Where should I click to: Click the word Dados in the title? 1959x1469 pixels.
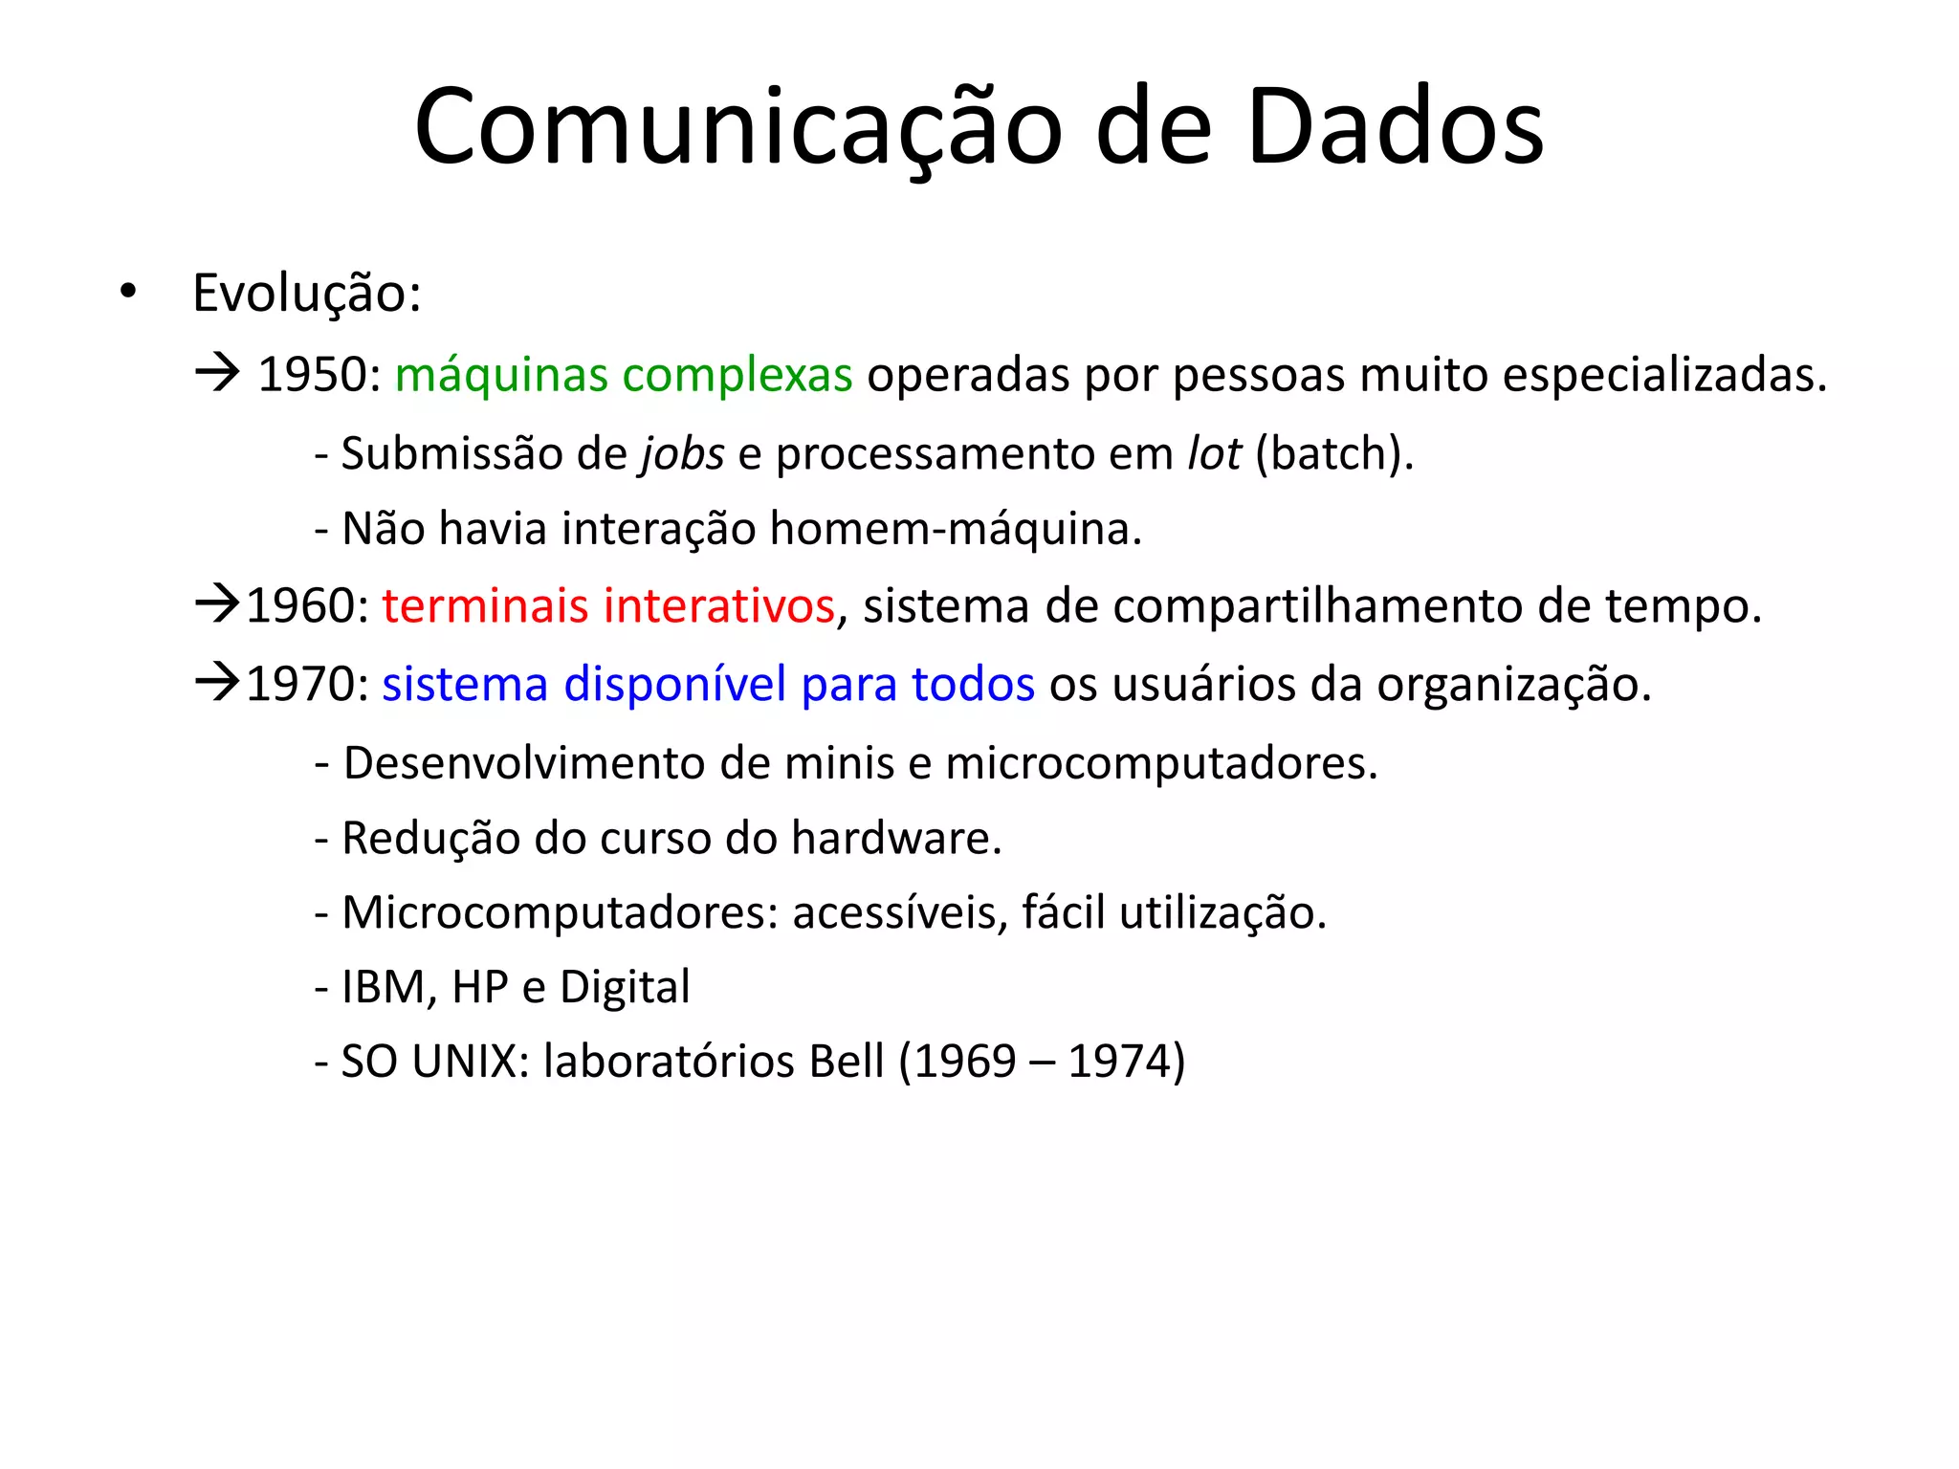coord(1395,127)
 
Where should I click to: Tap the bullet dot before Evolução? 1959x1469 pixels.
coord(128,291)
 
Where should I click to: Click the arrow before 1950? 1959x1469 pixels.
coord(217,372)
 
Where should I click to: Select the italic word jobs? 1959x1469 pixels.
coord(682,454)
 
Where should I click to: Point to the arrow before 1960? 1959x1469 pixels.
coord(217,603)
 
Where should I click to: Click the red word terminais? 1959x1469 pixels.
coord(485,605)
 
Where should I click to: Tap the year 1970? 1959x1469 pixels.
coord(300,684)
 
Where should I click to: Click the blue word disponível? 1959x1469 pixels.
coord(674,685)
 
